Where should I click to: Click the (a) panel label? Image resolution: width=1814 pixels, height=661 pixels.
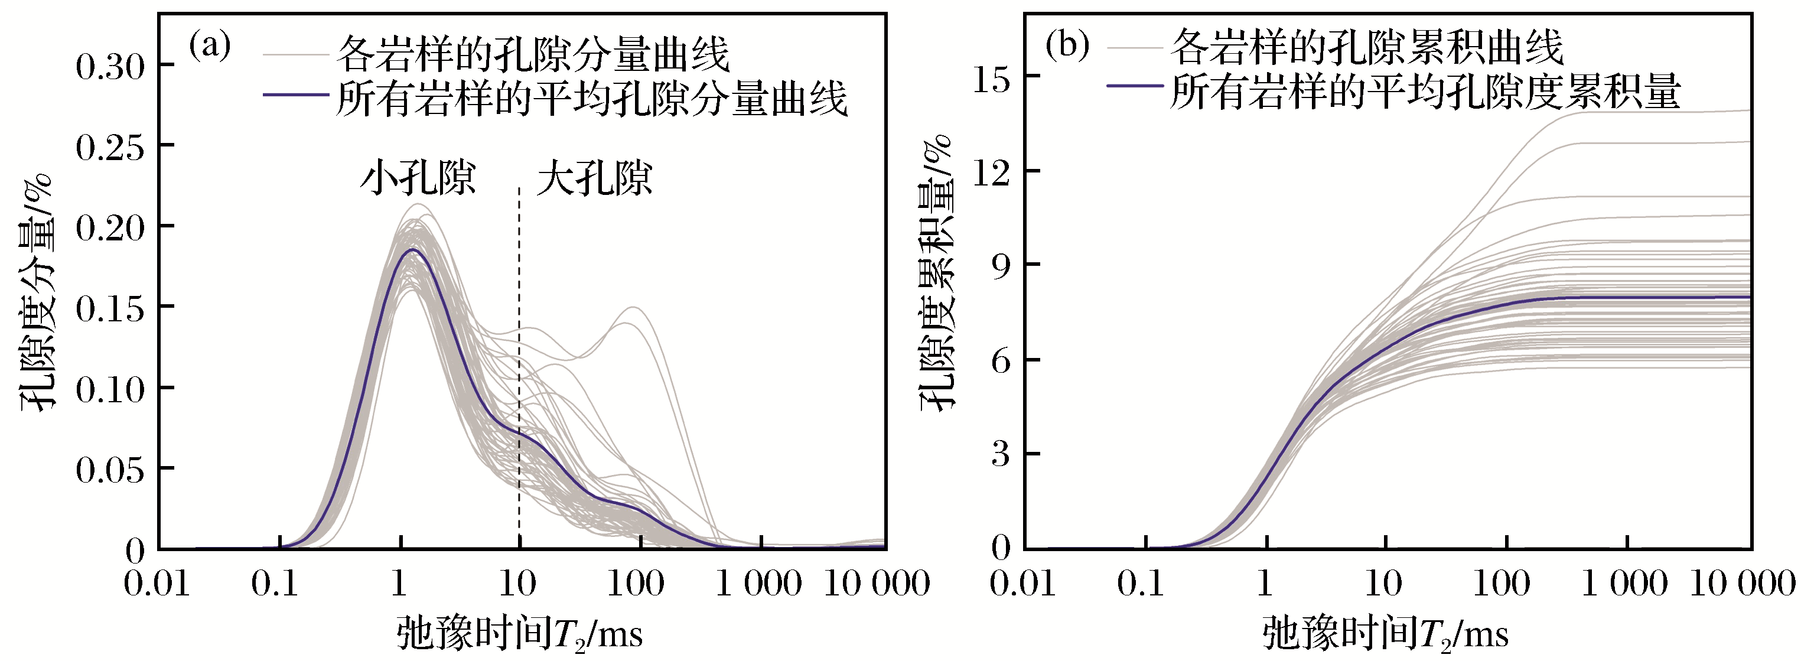[210, 47]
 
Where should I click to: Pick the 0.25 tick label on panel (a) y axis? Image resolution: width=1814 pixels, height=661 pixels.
[110, 147]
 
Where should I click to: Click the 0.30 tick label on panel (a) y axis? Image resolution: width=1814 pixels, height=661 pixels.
[110, 67]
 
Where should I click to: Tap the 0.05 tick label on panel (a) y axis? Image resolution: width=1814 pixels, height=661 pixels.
[110, 470]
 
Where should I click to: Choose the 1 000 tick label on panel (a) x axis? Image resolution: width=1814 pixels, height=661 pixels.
[758, 584]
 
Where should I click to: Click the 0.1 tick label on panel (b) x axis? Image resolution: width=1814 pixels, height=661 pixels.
[1141, 584]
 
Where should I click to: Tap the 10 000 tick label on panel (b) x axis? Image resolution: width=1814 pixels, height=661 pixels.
[1743, 584]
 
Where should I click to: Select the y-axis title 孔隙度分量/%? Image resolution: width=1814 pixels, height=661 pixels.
[37, 292]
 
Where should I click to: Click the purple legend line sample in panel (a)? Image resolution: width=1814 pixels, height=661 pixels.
[296, 95]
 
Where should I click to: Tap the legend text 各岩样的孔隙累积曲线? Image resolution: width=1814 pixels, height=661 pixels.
[1366, 48]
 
